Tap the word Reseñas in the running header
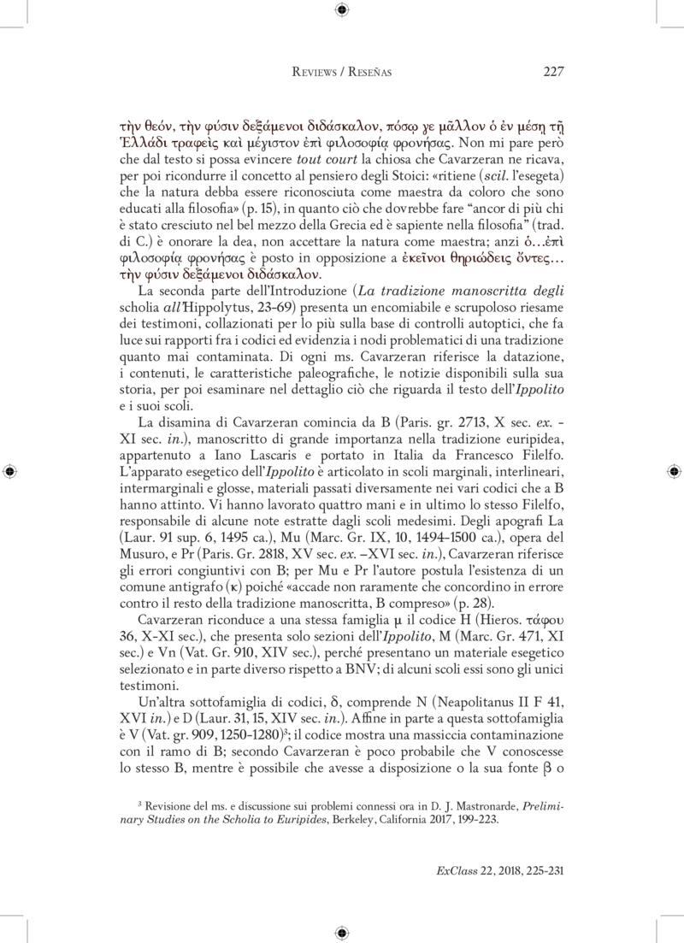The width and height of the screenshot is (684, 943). coord(367,73)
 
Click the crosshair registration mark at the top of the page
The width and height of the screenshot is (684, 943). coord(341,10)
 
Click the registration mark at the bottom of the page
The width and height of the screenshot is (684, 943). coord(341,932)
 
